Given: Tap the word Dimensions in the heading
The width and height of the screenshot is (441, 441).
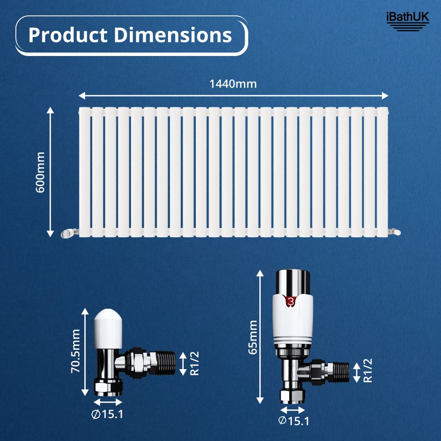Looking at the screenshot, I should [x=173, y=35].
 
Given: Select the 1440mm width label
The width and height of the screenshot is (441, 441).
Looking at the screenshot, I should [x=233, y=84].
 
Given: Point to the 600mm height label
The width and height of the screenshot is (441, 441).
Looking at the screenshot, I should [x=41, y=172].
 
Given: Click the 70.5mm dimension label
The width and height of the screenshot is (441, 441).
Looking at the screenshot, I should [x=76, y=351].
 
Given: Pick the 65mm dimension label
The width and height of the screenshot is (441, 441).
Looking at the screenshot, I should [x=253, y=337].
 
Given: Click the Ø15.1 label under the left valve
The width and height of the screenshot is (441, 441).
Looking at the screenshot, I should [x=108, y=415].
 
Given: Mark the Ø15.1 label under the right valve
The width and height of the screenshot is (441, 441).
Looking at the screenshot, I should [x=294, y=421].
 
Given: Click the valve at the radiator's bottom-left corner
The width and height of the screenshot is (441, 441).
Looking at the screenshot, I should [x=69, y=232].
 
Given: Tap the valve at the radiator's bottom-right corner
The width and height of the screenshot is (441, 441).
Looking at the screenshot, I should [x=394, y=231].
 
